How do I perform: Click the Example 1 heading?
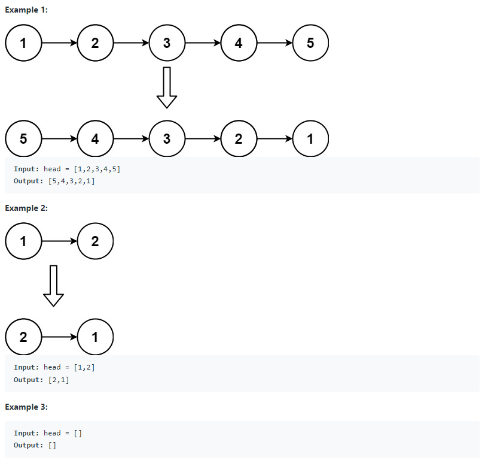(x=26, y=10)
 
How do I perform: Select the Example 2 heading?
(x=26, y=208)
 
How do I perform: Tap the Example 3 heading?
(x=26, y=407)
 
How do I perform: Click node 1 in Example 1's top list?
(x=23, y=43)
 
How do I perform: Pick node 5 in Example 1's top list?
(x=310, y=43)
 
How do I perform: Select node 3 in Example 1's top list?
(x=167, y=43)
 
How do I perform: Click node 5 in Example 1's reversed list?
(x=23, y=139)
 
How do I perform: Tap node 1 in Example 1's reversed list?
(x=310, y=139)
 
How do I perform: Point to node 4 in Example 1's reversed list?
(x=95, y=139)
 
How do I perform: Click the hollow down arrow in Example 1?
(x=167, y=87)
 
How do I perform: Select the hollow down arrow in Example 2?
(x=54, y=286)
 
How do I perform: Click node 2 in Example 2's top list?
(x=95, y=241)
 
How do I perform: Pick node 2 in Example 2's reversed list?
(x=23, y=337)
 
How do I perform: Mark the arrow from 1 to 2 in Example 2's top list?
(x=59, y=241)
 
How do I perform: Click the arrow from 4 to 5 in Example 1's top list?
(x=274, y=43)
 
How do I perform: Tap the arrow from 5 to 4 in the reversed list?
(x=59, y=139)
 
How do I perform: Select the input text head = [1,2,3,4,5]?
(x=82, y=170)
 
